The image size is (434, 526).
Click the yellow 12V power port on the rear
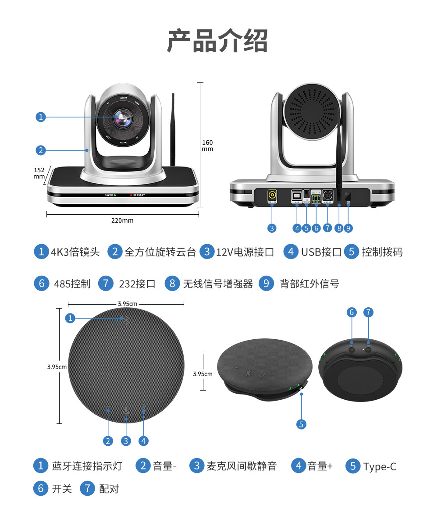click(x=272, y=195)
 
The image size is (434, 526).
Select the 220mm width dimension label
click(x=122, y=220)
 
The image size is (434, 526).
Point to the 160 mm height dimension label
click(x=207, y=146)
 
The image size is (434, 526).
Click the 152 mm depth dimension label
click(x=39, y=173)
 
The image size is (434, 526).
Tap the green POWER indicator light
click(x=115, y=195)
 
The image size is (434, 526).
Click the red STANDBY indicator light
click(x=130, y=195)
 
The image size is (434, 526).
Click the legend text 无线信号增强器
click(x=218, y=284)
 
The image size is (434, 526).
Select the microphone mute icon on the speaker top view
click(x=126, y=410)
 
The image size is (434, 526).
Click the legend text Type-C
click(x=380, y=467)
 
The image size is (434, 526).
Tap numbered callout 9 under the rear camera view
click(x=349, y=228)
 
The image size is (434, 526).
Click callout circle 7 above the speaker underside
click(x=368, y=312)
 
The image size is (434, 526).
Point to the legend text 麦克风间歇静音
click(x=242, y=466)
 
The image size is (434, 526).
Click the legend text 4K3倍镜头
click(x=75, y=252)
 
